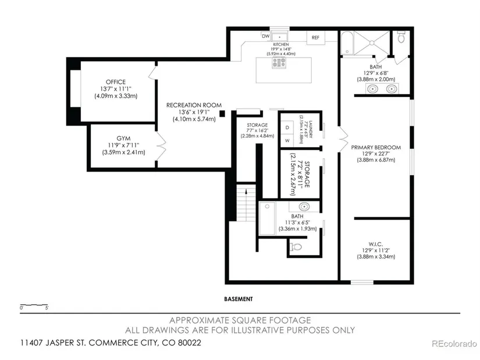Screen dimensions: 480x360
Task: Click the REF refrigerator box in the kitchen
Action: (x=315, y=38)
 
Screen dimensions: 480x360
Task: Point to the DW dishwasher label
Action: (x=266, y=36)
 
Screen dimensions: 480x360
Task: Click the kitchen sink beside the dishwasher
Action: (x=279, y=37)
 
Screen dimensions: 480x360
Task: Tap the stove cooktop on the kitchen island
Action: (x=279, y=63)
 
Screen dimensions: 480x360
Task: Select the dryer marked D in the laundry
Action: (x=287, y=127)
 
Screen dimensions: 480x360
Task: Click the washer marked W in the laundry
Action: (x=287, y=141)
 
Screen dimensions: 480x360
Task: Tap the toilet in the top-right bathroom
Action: (x=401, y=37)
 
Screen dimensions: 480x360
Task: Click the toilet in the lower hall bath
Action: (x=296, y=247)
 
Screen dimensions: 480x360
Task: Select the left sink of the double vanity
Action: (x=372, y=89)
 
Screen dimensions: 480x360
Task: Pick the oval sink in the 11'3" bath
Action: (x=304, y=206)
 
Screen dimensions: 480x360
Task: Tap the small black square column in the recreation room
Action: (x=222, y=113)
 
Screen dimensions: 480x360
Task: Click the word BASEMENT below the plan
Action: (x=239, y=299)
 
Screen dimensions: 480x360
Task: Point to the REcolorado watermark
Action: (x=454, y=344)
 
